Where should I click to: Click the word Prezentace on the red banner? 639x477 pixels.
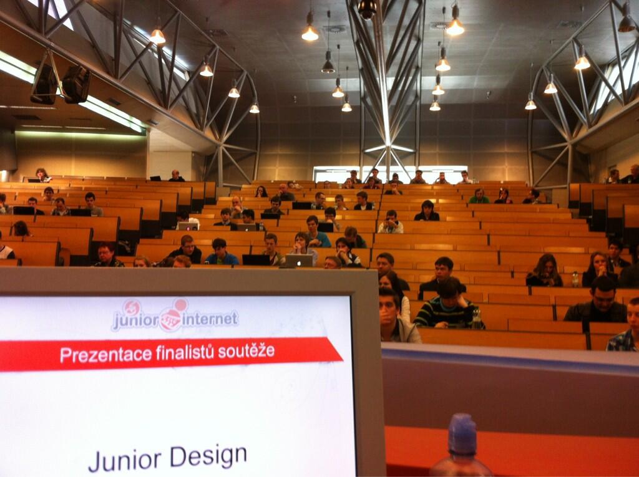point(105,354)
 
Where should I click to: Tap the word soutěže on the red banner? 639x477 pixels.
point(246,350)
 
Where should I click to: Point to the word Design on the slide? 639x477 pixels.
point(208,456)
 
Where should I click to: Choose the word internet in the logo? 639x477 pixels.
point(210,319)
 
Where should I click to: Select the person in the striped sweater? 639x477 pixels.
point(446,305)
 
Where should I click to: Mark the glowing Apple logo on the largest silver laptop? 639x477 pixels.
point(298,262)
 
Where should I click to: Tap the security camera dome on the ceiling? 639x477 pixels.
point(367,9)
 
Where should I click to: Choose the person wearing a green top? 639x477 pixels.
point(479,196)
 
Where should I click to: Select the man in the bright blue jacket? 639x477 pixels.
point(221,252)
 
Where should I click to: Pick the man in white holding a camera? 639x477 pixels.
point(391,223)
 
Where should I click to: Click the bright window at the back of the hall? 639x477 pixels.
point(390,173)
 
